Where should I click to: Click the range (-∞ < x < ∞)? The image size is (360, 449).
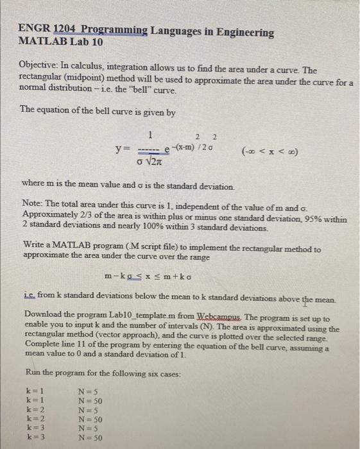pyautogui.click(x=270, y=151)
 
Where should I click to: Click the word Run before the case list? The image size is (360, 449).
pyautogui.click(x=31, y=373)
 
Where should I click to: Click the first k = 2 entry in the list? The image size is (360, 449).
pyautogui.click(x=35, y=409)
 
